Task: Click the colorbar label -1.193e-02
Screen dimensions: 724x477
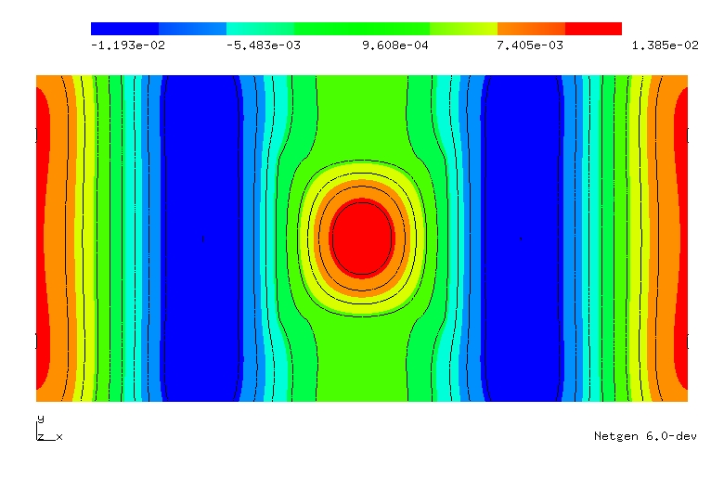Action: coord(128,45)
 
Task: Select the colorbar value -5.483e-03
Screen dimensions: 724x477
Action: coord(264,45)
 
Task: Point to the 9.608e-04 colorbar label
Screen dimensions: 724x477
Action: coord(395,45)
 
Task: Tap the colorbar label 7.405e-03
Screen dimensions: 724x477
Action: coord(530,45)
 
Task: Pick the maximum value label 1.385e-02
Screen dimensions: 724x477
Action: coord(665,45)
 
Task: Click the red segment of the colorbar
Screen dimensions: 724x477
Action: coord(593,29)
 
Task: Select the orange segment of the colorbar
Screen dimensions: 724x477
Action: coord(531,29)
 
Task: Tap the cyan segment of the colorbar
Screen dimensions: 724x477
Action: coord(261,29)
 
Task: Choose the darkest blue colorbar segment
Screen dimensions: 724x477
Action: coord(124,29)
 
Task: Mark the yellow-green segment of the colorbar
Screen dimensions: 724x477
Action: coord(463,29)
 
